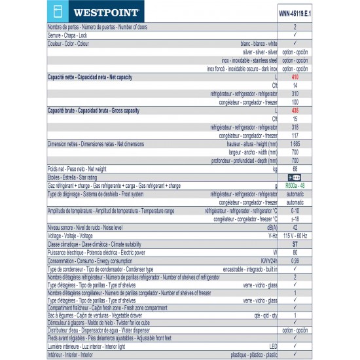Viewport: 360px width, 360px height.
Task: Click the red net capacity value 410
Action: pyautogui.click(x=295, y=77)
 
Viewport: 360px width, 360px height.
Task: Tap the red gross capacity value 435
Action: pyautogui.click(x=295, y=111)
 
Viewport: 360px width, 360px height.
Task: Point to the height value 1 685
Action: pyautogui.click(x=295, y=143)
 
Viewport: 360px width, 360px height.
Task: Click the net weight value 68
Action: pyautogui.click(x=295, y=168)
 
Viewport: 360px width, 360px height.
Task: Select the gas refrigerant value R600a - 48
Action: pyautogui.click(x=295, y=185)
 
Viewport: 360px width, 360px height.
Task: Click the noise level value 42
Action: pyautogui.click(x=295, y=227)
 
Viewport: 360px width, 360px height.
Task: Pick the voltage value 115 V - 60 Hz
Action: pyautogui.click(x=295, y=236)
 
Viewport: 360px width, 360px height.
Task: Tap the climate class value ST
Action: pyautogui.click(x=295, y=243)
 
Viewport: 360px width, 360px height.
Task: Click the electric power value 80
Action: pyautogui.click(x=295, y=252)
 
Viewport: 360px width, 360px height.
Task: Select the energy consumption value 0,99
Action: pyautogui.click(x=295, y=261)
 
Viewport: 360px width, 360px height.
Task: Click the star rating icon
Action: pyautogui.click(x=295, y=177)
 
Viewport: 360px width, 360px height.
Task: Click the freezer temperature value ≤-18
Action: pyautogui.click(x=295, y=219)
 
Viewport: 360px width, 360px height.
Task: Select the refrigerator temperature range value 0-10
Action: pyautogui.click(x=295, y=210)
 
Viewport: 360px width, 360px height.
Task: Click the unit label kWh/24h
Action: pyautogui.click(x=270, y=261)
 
